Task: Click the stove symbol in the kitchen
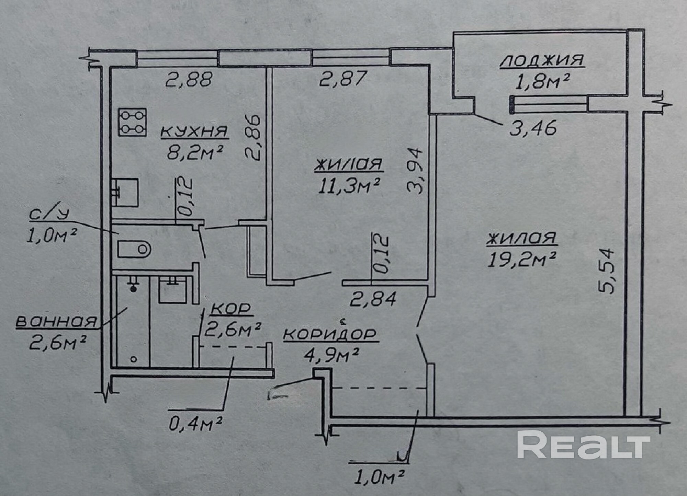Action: coord(132,122)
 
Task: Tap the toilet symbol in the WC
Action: coord(134,249)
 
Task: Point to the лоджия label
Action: coord(542,60)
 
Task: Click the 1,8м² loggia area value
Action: coord(542,82)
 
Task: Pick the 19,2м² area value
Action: coord(521,259)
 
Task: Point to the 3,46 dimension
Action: coord(533,129)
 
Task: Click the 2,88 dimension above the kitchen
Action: coord(189,80)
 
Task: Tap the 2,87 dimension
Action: coord(343,79)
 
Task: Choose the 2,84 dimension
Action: coord(373,299)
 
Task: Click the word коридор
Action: coord(330,334)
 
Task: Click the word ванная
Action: coord(57,321)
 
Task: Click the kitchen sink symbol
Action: coord(125,192)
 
